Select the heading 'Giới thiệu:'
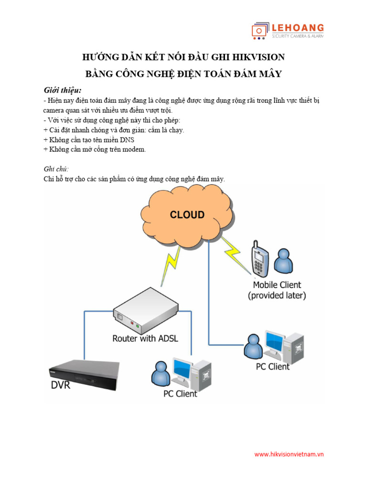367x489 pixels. (x=63, y=90)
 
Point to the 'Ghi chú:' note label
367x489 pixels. (x=56, y=169)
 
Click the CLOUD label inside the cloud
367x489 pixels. (x=187, y=215)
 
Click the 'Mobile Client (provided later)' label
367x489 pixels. (x=277, y=290)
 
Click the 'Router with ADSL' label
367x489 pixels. (x=145, y=339)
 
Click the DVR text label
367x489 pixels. (x=61, y=385)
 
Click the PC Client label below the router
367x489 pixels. (x=180, y=394)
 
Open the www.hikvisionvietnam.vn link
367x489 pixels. (x=289, y=455)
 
